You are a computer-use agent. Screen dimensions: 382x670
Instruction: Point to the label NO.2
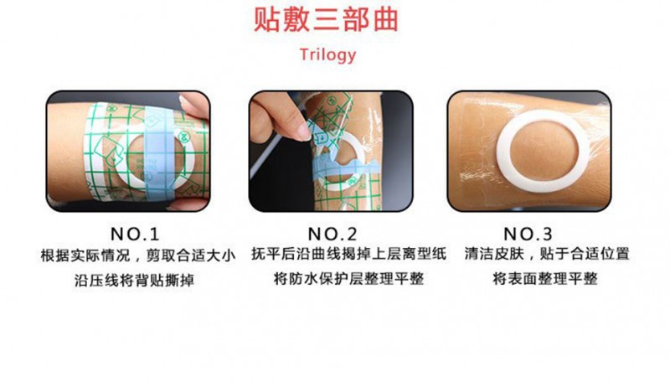pos(336,233)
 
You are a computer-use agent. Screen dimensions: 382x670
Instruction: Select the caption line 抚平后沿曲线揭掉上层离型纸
pos(336,255)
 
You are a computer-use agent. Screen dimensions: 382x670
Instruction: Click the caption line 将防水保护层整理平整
pos(336,279)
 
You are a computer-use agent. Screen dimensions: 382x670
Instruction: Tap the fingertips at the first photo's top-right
pos(192,107)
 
